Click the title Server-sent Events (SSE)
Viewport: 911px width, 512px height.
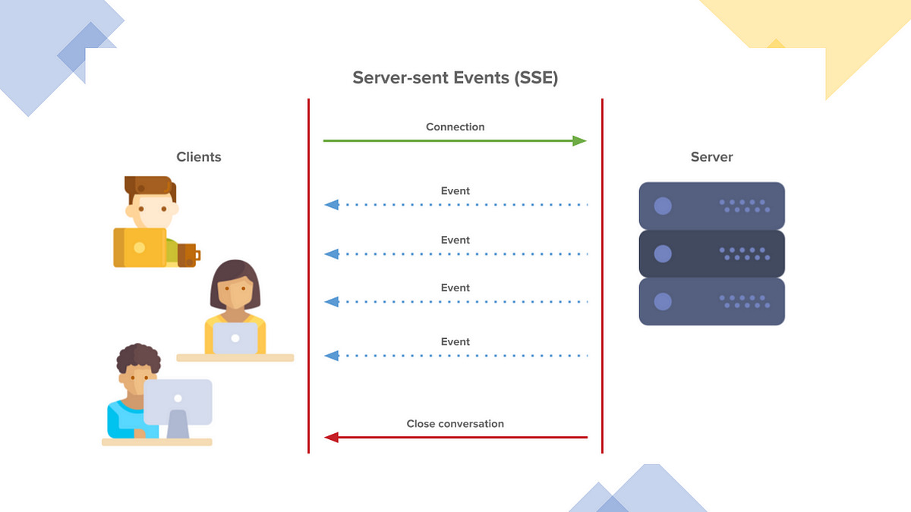(x=455, y=78)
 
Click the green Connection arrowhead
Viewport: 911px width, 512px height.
(x=579, y=141)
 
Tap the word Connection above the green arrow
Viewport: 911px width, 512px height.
(x=455, y=127)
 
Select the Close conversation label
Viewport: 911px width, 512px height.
(x=455, y=424)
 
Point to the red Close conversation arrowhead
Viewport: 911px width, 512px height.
(x=331, y=437)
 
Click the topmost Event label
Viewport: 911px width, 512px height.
(x=455, y=191)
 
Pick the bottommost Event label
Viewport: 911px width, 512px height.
(x=455, y=342)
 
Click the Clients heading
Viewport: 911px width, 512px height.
(x=199, y=157)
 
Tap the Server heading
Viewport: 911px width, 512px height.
(x=711, y=157)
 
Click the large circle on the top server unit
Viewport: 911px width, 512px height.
(x=663, y=206)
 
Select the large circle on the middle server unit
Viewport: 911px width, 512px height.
(x=663, y=254)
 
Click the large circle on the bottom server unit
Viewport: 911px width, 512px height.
(x=663, y=302)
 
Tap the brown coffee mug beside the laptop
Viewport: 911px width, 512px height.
(x=188, y=255)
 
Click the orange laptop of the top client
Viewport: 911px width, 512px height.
(x=140, y=247)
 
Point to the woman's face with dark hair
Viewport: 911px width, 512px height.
(x=235, y=293)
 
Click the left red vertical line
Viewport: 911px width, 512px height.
(x=309, y=276)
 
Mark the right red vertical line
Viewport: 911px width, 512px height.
(x=602, y=276)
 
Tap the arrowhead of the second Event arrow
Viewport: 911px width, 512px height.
(x=331, y=253)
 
